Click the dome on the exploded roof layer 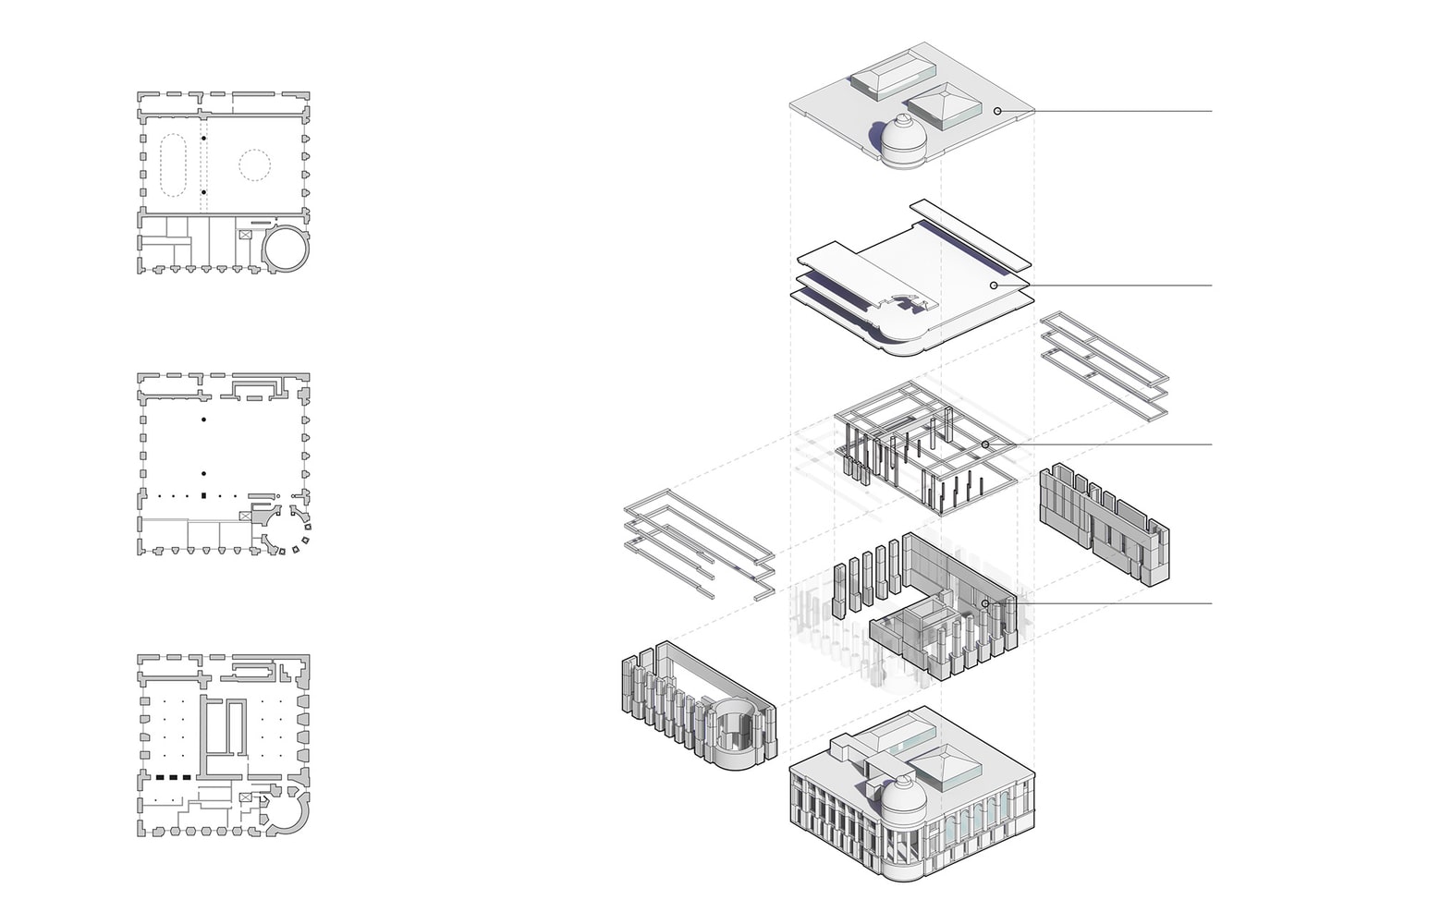coord(901,139)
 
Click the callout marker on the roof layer coord(997,111)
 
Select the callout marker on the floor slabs coord(994,286)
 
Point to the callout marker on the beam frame coord(985,444)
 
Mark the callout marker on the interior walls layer coord(985,603)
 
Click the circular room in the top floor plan coord(286,248)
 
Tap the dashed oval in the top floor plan coord(174,165)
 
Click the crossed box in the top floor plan coord(245,235)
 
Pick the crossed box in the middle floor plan coord(245,517)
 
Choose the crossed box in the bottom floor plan coord(245,796)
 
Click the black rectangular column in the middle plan coord(203,496)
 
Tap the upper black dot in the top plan coord(203,139)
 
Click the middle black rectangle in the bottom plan coord(173,778)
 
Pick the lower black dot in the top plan coord(203,192)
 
